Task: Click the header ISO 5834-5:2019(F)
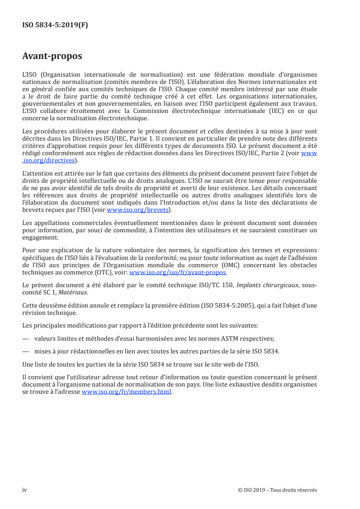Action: (55, 25)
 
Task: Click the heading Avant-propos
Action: (52, 56)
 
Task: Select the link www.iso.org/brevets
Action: (138, 210)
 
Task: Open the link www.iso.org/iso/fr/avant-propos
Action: (178, 273)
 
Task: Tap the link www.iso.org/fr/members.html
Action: (127, 393)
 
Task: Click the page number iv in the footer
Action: (25, 490)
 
